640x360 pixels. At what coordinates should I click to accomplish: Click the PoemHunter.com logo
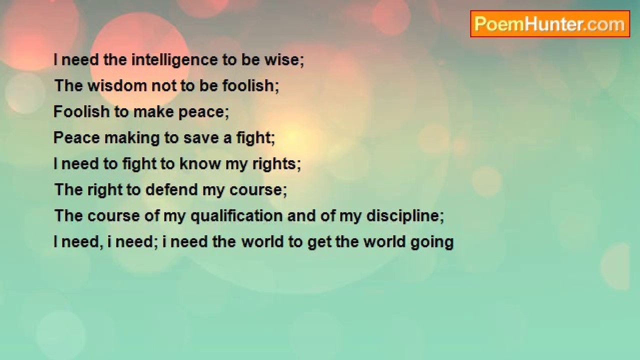550,24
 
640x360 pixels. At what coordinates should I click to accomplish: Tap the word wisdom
117,85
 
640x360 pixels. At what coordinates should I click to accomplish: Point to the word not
163,86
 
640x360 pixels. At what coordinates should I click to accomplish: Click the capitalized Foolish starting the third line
81,111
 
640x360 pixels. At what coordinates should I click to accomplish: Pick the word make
153,111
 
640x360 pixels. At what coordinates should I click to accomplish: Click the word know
200,163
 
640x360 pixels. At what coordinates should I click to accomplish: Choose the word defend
171,189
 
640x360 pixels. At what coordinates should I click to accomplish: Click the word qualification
236,216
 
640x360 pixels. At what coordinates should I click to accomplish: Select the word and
301,215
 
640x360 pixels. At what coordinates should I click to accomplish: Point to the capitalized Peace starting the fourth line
76,137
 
